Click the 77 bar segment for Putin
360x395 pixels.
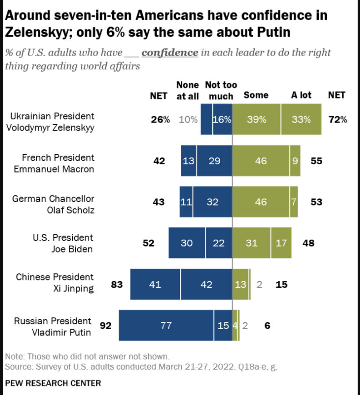[166, 325]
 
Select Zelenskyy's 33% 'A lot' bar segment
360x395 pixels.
[301, 119]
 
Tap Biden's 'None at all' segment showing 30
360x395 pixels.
[187, 243]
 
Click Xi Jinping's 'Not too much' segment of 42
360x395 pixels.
[206, 284]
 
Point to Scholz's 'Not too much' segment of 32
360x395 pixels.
[212, 202]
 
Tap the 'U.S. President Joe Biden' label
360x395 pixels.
[63, 243]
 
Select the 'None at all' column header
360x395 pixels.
[187, 90]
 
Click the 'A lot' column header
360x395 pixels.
[301, 95]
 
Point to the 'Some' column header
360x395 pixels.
[256, 95]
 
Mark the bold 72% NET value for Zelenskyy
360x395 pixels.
[338, 119]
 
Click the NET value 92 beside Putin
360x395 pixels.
[106, 325]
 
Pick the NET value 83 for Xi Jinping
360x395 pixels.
[117, 284]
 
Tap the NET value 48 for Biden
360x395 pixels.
[309, 243]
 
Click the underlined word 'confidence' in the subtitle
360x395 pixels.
[170, 52]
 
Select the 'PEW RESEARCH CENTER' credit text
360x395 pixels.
[53, 383]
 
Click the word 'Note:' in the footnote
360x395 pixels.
[14, 356]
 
